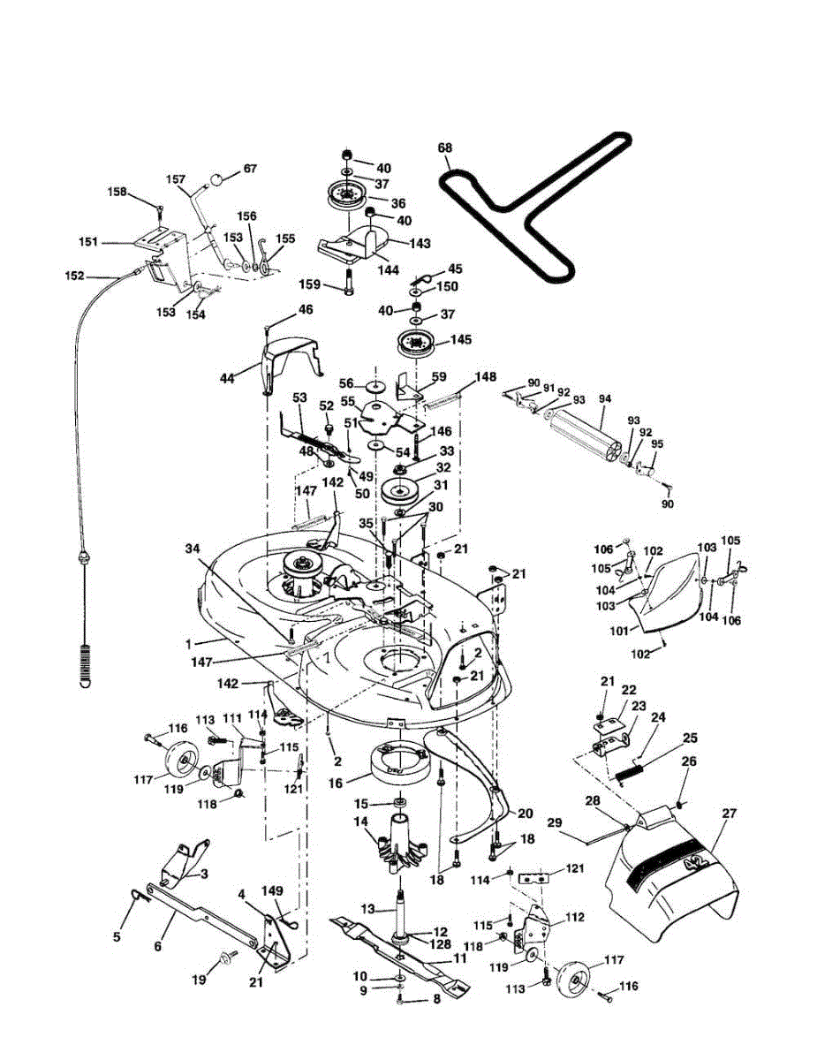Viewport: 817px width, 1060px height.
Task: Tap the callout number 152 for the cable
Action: [x=74, y=276]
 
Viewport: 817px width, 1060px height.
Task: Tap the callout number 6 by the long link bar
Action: [x=158, y=946]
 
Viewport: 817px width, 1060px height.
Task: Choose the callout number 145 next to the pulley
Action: [x=461, y=339]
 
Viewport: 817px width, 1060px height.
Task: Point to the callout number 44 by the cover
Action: [x=228, y=377]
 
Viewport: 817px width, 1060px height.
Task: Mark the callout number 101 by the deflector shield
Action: [x=618, y=631]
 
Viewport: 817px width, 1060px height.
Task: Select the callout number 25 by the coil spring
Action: [x=690, y=737]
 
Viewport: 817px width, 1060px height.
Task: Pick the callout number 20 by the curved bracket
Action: [x=525, y=814]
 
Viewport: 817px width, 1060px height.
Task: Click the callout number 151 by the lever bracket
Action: [x=113, y=242]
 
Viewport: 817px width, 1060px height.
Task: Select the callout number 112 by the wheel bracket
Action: [x=575, y=918]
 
